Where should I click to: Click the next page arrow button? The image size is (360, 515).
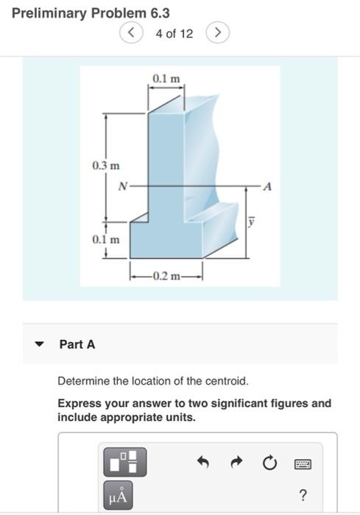click(x=218, y=33)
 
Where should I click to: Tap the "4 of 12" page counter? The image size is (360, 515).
click(x=174, y=33)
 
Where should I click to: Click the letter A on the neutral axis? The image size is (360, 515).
click(x=268, y=187)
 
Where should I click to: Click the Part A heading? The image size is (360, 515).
click(x=77, y=344)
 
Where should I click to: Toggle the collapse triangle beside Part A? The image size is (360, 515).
click(x=42, y=344)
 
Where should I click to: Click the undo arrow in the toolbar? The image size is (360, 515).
click(x=204, y=463)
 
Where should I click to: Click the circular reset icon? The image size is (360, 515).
click(x=269, y=463)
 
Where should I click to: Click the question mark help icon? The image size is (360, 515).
click(x=303, y=494)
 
